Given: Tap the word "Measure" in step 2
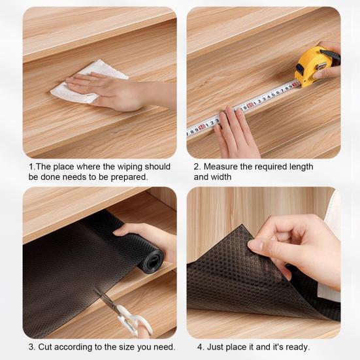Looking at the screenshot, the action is (x=221, y=167).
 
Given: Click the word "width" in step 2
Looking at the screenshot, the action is (x=221, y=177).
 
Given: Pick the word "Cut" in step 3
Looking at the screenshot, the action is (x=45, y=347).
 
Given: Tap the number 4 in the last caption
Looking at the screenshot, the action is (x=200, y=347).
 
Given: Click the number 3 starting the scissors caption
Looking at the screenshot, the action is (x=31, y=347).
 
